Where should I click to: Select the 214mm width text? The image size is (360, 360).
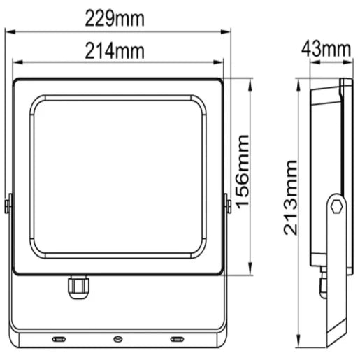click(x=115, y=50)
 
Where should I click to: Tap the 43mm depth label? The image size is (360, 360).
click(x=326, y=49)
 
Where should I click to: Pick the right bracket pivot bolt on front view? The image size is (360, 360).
click(x=227, y=205)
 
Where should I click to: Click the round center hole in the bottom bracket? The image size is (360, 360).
click(x=117, y=340)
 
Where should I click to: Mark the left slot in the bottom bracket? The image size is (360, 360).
click(x=59, y=340)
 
